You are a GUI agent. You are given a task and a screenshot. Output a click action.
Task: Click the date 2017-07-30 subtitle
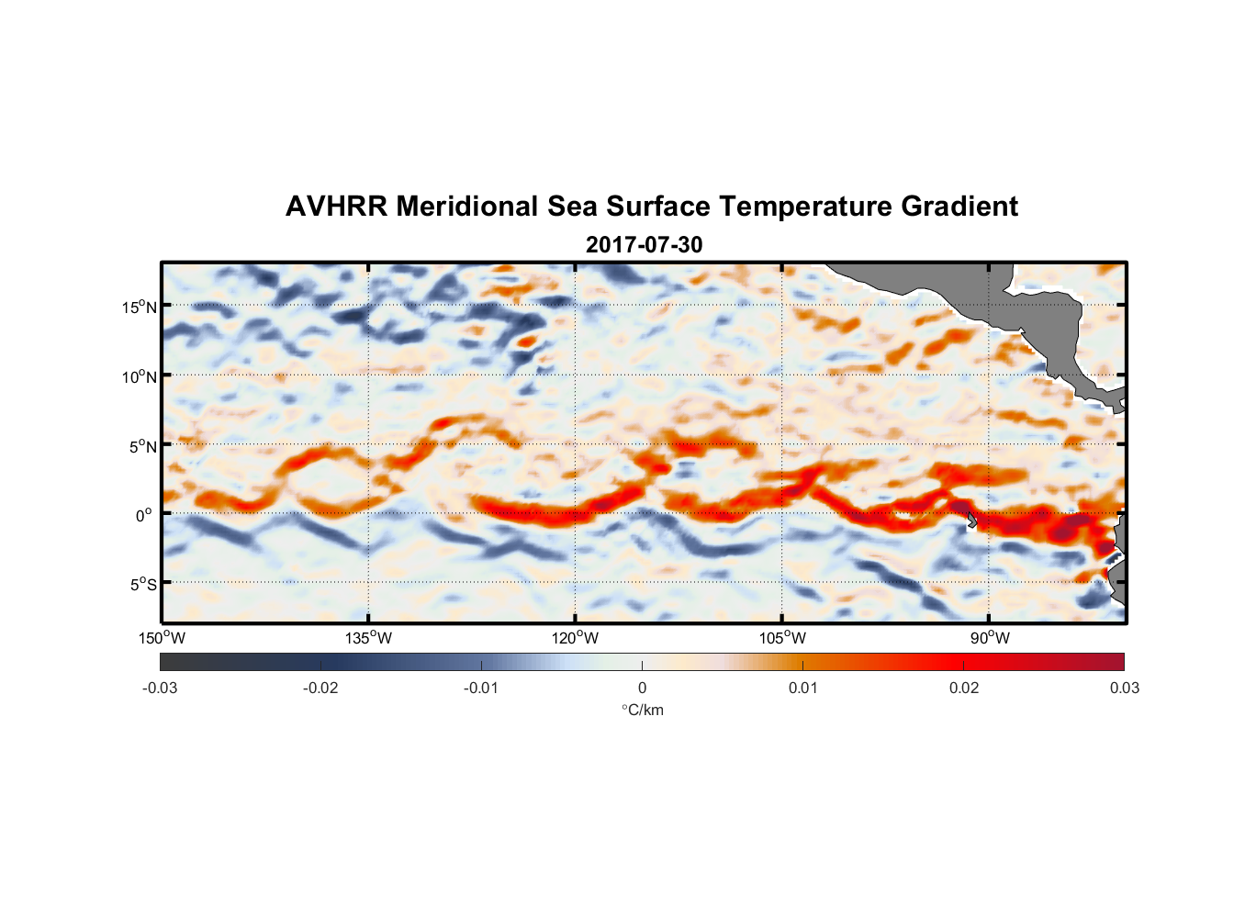point(644,245)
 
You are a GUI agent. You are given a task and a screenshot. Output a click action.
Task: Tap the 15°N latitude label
point(140,307)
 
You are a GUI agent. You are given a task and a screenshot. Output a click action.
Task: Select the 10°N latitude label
point(140,376)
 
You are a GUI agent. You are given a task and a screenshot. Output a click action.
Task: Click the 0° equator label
point(145,515)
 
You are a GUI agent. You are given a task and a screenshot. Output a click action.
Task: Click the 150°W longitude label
point(162,638)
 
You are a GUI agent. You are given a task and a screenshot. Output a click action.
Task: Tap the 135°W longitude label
point(368,638)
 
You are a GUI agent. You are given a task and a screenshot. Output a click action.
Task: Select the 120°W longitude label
point(575,638)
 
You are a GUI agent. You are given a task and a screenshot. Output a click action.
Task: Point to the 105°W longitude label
point(782,638)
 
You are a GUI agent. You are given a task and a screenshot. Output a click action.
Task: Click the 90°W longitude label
point(990,638)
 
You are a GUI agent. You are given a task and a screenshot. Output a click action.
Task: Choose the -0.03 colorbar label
point(160,688)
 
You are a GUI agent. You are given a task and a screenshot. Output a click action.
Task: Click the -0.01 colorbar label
point(480,688)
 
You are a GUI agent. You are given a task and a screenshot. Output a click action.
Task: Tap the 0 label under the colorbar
point(642,688)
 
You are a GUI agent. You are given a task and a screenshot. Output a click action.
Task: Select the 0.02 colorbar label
point(964,688)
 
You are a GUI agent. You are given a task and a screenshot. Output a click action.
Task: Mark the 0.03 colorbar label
point(1124,688)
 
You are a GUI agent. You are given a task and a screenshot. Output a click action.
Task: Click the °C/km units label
point(642,710)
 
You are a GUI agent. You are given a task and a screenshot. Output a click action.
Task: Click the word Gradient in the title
point(959,207)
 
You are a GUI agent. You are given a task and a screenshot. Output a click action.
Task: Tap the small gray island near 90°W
point(971,520)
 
